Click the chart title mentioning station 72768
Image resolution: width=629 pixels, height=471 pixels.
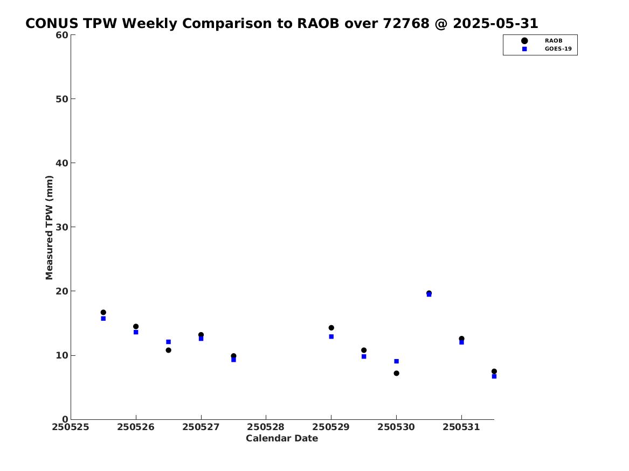(281, 24)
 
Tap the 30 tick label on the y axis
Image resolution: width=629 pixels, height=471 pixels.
(62, 227)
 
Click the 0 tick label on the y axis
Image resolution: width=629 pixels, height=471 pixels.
(65, 419)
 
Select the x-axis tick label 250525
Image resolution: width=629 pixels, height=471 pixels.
(71, 427)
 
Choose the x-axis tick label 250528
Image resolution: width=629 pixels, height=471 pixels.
(266, 427)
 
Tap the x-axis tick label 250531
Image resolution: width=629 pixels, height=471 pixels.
(461, 427)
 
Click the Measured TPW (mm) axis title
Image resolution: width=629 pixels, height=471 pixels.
(50, 228)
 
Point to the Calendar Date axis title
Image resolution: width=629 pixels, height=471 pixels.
(282, 439)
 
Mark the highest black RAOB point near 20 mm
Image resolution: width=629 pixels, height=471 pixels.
(429, 293)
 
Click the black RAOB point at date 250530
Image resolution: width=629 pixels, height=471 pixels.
(396, 373)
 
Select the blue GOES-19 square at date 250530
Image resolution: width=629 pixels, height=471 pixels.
(396, 361)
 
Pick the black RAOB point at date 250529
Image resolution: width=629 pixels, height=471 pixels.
(331, 328)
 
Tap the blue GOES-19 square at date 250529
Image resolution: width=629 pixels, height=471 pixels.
(331, 337)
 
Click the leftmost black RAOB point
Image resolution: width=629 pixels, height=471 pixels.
(103, 312)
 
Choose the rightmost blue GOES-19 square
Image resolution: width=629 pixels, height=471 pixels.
(494, 376)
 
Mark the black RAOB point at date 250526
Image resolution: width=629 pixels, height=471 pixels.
(136, 326)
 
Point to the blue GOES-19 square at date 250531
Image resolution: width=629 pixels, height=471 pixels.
(462, 342)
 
